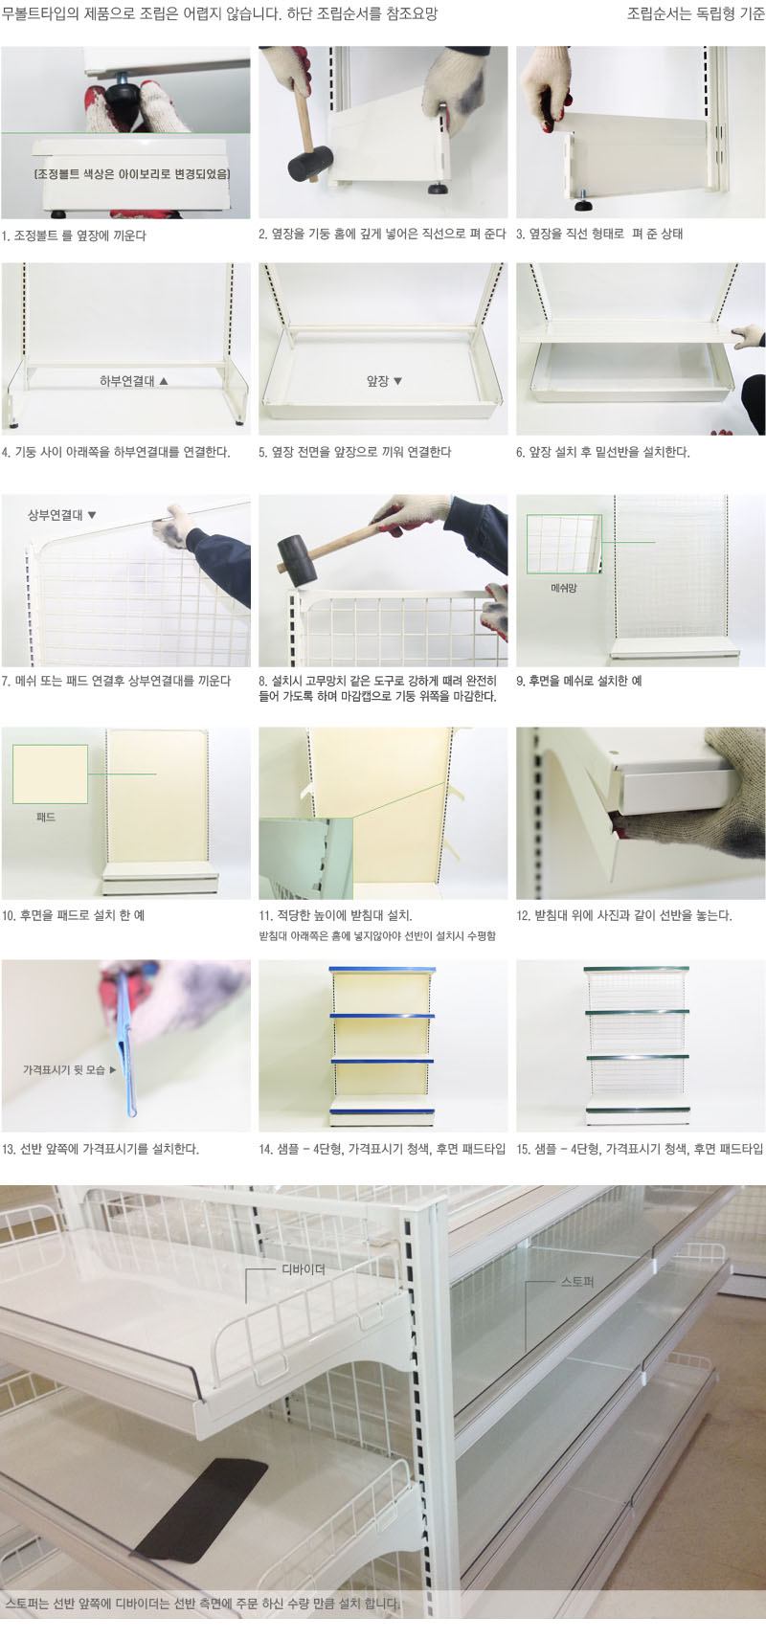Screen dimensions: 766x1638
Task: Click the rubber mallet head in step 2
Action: [x=310, y=163]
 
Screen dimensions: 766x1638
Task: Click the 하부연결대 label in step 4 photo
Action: [x=128, y=381]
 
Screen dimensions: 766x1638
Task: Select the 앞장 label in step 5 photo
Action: [x=378, y=381]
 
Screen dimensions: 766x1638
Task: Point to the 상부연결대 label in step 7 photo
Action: [x=56, y=515]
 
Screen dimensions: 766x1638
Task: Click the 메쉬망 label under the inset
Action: [x=563, y=587]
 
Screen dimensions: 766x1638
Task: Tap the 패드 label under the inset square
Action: [x=46, y=817]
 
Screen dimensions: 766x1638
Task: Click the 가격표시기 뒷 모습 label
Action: [x=64, y=1069]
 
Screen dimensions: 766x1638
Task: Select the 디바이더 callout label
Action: [x=304, y=1269]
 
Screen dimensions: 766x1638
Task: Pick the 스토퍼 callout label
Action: [x=577, y=1282]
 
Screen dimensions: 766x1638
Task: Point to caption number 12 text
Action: [x=624, y=915]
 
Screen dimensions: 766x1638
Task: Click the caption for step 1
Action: [x=74, y=236]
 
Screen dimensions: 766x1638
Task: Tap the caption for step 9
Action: [x=578, y=681]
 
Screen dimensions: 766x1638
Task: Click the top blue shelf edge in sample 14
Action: [x=382, y=970]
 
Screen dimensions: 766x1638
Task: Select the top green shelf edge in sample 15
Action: [x=637, y=971]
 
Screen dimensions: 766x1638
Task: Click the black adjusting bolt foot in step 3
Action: [x=583, y=203]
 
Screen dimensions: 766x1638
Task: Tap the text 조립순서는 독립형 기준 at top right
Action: [x=696, y=14]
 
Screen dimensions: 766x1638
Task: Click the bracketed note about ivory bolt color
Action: [x=132, y=174]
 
